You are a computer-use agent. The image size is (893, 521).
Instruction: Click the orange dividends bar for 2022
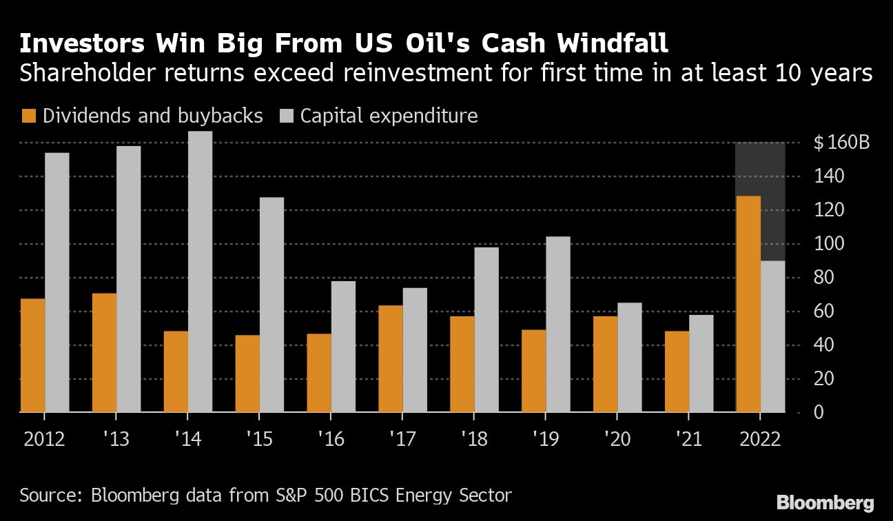coord(748,304)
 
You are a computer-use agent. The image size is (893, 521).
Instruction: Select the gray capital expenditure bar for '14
coord(200,272)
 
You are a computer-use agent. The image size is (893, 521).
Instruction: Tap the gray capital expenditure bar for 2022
coord(773,336)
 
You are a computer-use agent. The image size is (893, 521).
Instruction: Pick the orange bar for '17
coord(390,358)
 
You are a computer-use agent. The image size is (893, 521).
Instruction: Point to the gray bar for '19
coord(558,325)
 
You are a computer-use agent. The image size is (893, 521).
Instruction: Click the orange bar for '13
coord(104,353)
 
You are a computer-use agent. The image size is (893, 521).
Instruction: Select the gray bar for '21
coord(701,363)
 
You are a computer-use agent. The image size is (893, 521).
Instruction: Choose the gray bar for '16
coord(343,347)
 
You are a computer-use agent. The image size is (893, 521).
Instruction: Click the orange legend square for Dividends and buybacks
coord(28,116)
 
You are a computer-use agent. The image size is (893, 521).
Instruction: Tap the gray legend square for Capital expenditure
coord(286,116)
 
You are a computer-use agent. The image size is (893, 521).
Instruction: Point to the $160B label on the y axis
coord(841,143)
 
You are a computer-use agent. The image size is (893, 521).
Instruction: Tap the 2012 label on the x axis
coord(44,438)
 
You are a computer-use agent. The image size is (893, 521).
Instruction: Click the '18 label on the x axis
coord(473,438)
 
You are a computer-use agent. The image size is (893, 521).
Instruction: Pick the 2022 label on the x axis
coord(760,438)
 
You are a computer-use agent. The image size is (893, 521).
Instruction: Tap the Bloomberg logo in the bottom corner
coord(825,502)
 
